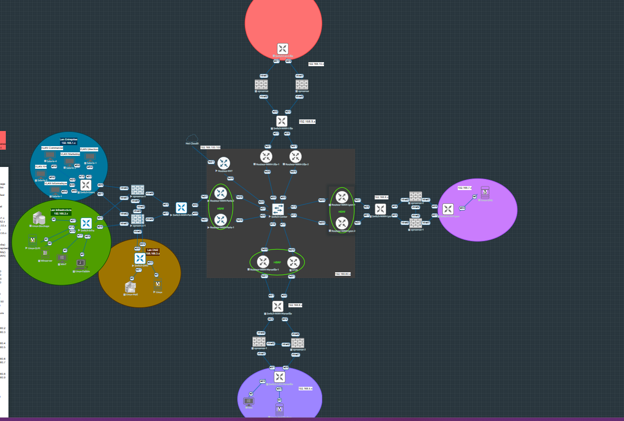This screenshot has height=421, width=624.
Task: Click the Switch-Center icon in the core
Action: point(278,209)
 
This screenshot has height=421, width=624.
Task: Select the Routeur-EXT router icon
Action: point(224,163)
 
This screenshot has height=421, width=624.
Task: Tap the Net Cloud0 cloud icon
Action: point(192,138)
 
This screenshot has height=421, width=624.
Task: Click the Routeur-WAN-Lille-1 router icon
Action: point(266,156)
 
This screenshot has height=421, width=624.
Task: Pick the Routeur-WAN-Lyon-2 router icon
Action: point(341,223)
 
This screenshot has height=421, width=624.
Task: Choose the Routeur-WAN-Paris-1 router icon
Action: point(220,219)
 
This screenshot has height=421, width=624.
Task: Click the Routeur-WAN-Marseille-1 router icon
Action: point(263,262)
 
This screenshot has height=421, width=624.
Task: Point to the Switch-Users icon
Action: point(86,185)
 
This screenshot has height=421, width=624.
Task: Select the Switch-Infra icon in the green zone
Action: point(86,223)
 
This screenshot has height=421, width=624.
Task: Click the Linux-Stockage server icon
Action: point(39,218)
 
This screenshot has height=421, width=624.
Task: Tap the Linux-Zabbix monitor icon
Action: point(81,264)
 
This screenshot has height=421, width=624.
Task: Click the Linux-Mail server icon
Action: point(130,287)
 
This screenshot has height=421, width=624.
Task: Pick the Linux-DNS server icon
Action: point(485,193)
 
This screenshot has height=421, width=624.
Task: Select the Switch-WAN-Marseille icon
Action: point(278,306)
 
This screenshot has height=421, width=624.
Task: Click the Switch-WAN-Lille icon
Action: point(282,121)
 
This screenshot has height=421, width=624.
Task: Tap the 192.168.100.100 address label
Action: point(210,147)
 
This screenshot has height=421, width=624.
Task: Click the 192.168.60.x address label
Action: point(343,274)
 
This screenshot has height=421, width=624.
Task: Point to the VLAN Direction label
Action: point(89,149)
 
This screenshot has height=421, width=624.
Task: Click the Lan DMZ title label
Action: point(152,250)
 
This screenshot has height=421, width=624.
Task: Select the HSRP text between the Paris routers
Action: point(220,208)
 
